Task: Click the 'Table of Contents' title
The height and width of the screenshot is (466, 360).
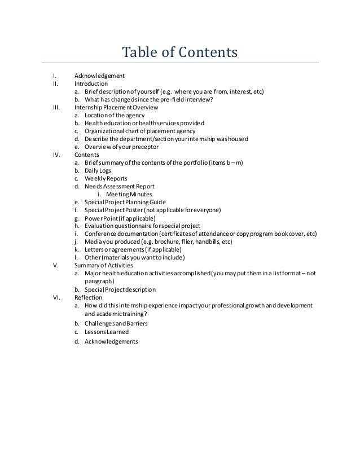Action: click(x=180, y=53)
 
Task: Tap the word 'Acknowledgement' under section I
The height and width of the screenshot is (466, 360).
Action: click(x=99, y=76)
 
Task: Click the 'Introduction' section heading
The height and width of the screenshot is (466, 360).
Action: click(x=91, y=83)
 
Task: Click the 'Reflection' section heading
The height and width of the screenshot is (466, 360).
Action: click(x=88, y=297)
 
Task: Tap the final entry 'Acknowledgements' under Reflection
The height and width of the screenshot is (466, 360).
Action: click(x=111, y=341)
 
